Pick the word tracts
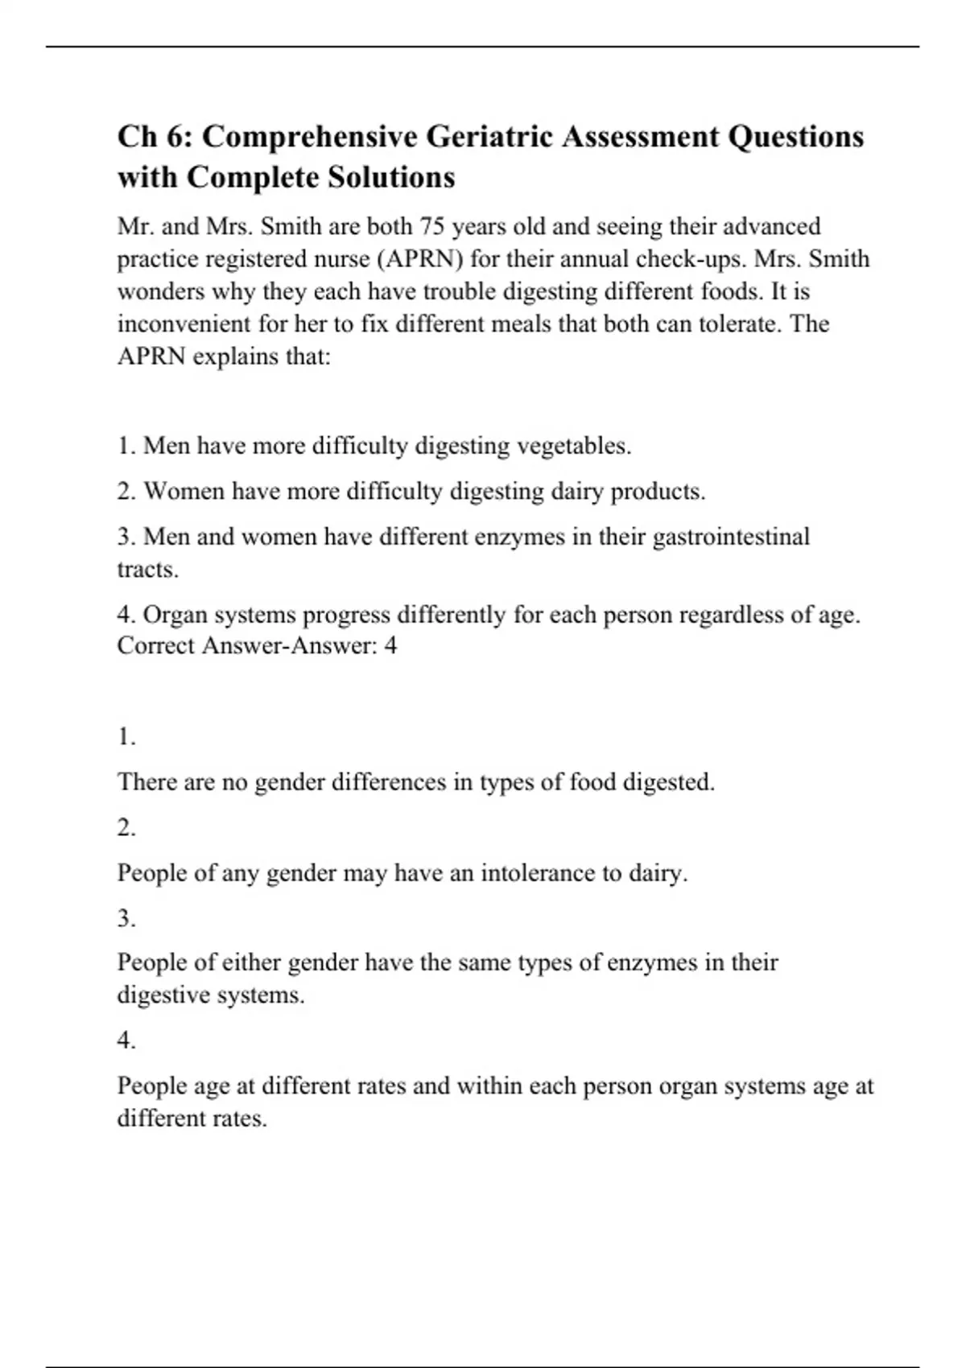point(147,569)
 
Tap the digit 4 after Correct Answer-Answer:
point(390,645)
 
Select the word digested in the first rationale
point(669,781)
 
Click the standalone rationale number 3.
point(126,918)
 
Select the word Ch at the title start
point(137,137)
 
